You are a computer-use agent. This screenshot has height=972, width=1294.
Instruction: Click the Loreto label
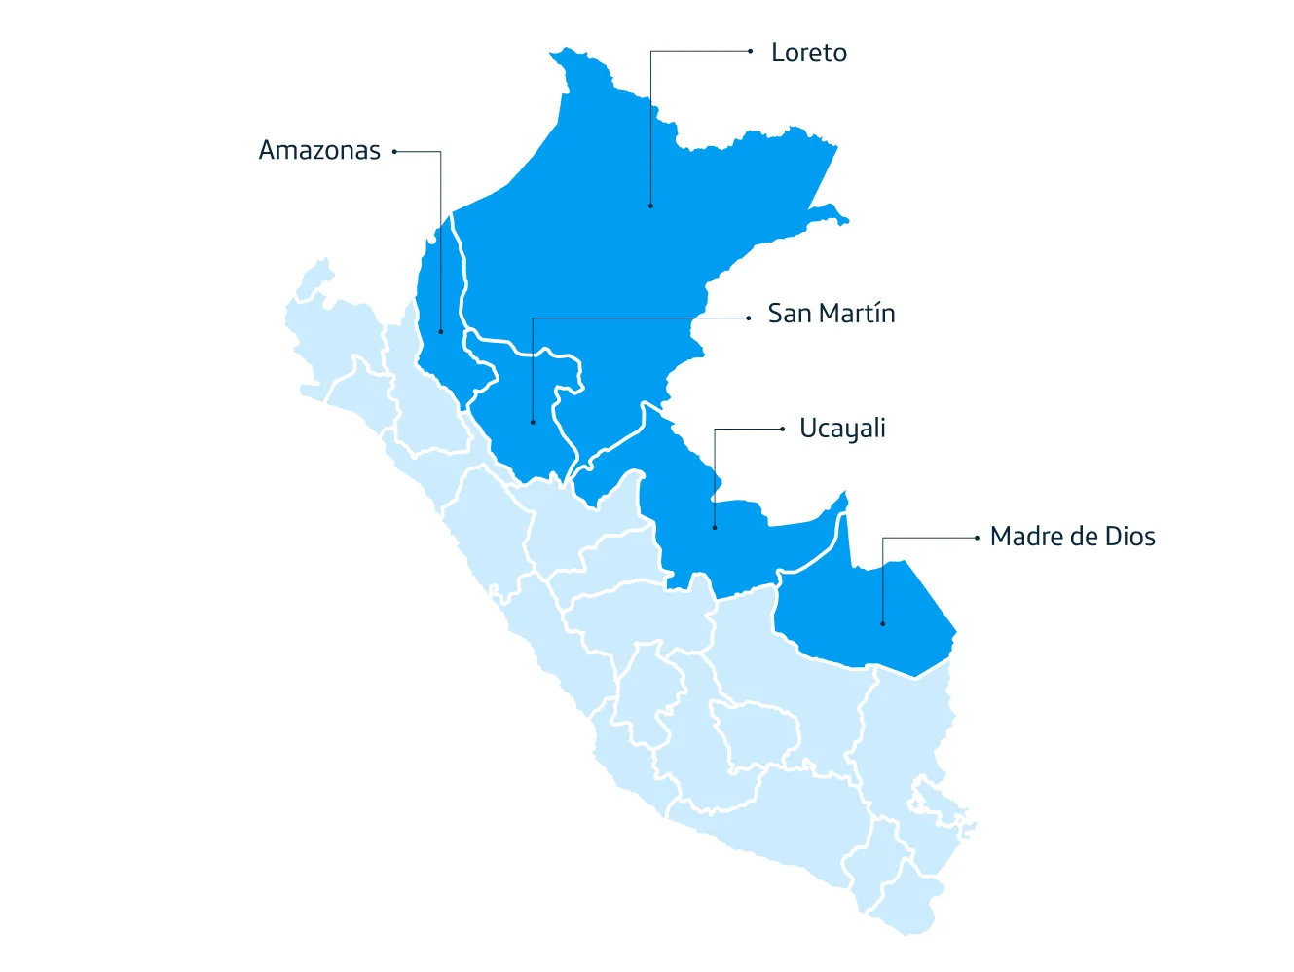pyautogui.click(x=808, y=53)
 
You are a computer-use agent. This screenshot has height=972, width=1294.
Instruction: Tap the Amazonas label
pyautogui.click(x=319, y=150)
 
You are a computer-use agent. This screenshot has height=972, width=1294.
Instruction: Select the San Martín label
pyautogui.click(x=831, y=314)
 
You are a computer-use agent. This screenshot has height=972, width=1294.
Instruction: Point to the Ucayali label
pyautogui.click(x=842, y=429)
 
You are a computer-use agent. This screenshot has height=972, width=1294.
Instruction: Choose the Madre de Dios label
pyautogui.click(x=1072, y=537)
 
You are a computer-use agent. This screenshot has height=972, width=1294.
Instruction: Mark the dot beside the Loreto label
pyautogui.click(x=751, y=51)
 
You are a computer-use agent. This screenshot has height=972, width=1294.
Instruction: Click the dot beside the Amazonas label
pyautogui.click(x=394, y=151)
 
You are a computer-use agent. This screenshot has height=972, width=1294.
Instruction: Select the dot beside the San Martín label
pyautogui.click(x=749, y=318)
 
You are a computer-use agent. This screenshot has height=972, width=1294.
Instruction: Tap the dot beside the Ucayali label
pyautogui.click(x=783, y=429)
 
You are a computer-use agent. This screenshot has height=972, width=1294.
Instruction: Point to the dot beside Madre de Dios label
pyautogui.click(x=977, y=538)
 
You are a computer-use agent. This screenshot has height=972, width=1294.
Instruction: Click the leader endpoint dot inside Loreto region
pyautogui.click(x=650, y=206)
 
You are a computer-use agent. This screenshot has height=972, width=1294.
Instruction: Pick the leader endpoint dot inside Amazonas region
pyautogui.click(x=441, y=331)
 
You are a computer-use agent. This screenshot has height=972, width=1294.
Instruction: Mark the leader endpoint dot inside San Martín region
pyautogui.click(x=533, y=422)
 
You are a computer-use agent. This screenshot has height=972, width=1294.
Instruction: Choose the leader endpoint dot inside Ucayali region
pyautogui.click(x=715, y=528)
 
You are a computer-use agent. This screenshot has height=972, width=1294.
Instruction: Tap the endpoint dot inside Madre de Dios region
pyautogui.click(x=883, y=623)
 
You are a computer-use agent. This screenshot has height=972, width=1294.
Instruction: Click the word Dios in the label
pyautogui.click(x=1129, y=537)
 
